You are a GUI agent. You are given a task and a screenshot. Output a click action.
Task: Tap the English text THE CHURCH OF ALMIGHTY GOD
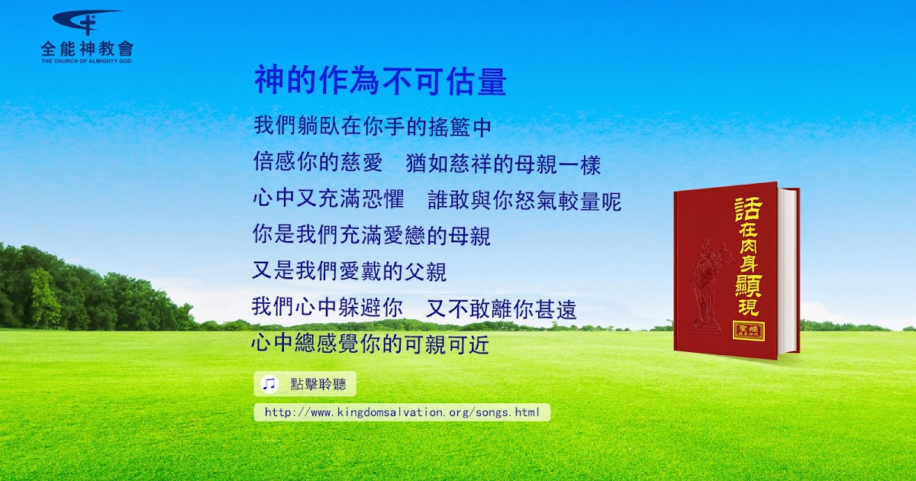point(86,61)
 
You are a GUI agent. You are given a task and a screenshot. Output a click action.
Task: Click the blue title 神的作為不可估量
point(380,81)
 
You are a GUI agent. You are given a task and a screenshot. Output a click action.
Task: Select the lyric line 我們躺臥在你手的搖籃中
point(373,126)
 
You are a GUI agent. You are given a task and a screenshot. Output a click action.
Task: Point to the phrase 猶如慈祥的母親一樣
point(503,164)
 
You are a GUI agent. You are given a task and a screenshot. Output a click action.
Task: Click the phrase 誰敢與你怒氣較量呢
point(524,200)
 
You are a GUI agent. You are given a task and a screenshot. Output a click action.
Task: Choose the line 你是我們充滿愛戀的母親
point(371,235)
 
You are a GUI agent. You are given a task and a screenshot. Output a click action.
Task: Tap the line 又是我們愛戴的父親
point(350,271)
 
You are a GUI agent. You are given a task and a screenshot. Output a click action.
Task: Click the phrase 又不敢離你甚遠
point(501,308)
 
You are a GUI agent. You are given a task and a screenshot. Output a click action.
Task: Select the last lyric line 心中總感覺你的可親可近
point(370,344)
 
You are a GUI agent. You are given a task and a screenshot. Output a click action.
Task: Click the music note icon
point(269,383)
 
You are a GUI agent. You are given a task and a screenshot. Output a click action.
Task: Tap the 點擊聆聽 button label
point(318,384)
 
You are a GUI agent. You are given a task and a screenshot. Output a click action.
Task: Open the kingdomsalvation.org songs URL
point(402,412)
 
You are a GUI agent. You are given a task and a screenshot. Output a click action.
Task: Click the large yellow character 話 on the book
point(748,208)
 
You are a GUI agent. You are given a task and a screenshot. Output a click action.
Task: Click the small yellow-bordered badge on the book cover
point(749,331)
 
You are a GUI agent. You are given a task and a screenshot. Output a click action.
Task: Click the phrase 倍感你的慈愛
point(318,162)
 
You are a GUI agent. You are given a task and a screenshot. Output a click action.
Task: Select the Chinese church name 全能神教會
point(87,49)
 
